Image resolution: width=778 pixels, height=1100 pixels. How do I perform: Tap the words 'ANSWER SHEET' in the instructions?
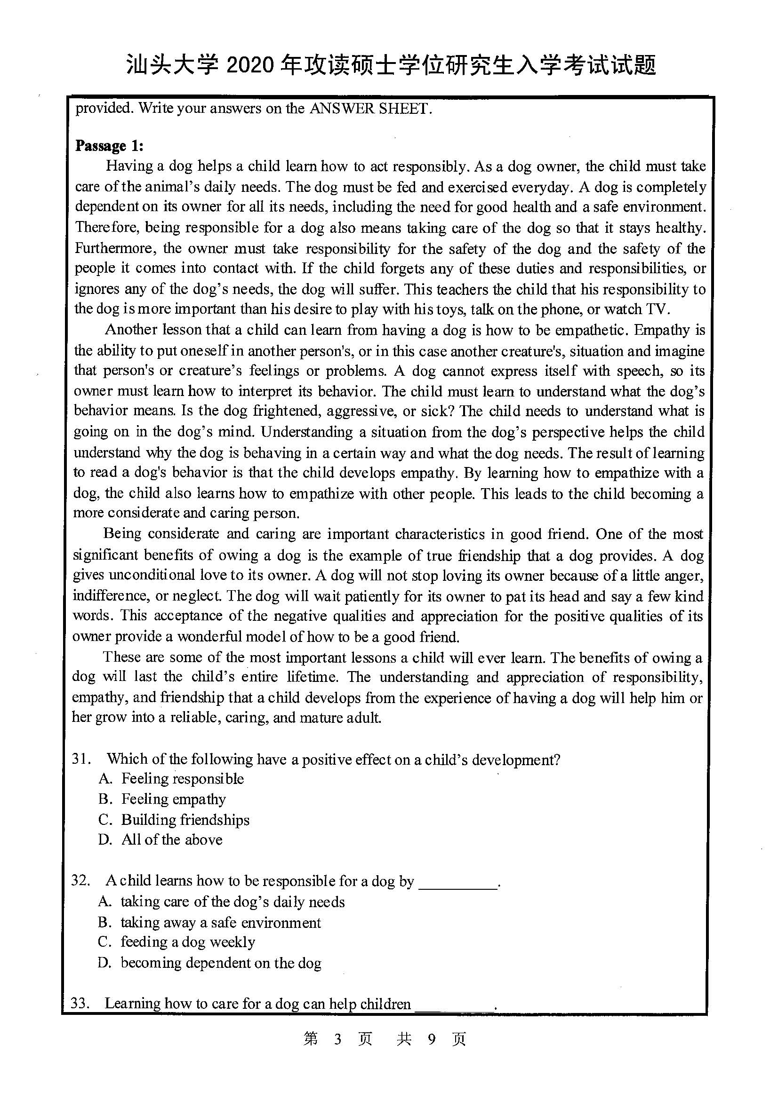pyautogui.click(x=370, y=109)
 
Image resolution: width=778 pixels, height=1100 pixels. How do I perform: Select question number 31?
pyautogui.click(x=81, y=759)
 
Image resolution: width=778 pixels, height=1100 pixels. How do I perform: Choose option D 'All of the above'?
pyautogui.click(x=171, y=839)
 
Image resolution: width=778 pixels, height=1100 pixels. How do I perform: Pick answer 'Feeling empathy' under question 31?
pyautogui.click(x=173, y=799)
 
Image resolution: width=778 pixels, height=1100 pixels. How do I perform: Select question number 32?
pyautogui.click(x=80, y=880)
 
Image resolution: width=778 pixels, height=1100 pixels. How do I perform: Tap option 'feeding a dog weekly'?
pyautogui.click(x=187, y=942)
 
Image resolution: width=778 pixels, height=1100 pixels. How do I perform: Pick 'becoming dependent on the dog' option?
pyautogui.click(x=221, y=963)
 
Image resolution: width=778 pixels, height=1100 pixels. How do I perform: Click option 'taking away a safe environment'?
pyautogui.click(x=221, y=922)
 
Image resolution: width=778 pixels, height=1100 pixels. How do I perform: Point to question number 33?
pyautogui.click(x=80, y=1003)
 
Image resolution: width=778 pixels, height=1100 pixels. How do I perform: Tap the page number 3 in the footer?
pyautogui.click(x=338, y=1039)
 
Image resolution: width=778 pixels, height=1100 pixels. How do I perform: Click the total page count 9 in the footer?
pyautogui.click(x=432, y=1039)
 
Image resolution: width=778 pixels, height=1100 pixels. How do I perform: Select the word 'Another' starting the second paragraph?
pyautogui.click(x=131, y=330)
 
